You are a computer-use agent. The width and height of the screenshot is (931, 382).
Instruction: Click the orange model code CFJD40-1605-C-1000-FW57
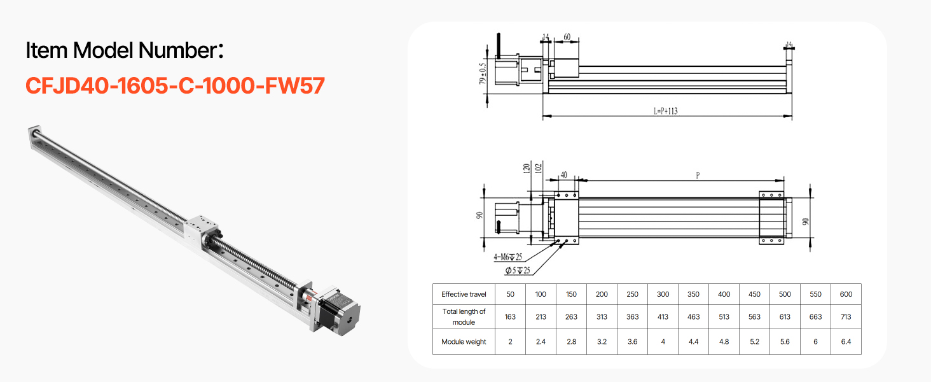175,85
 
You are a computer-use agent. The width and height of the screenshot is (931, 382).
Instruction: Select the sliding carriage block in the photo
203,227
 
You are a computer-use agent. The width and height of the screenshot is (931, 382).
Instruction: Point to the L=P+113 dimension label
665,111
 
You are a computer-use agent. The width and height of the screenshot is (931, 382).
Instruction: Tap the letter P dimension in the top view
698,175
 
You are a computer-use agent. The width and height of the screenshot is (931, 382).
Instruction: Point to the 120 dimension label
526,169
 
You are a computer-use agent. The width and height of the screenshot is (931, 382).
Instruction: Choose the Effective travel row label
464,294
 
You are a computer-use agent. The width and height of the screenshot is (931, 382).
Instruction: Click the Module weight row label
464,342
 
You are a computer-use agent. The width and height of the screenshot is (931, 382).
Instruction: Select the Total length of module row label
464,316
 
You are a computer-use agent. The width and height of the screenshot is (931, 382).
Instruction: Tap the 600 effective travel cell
846,294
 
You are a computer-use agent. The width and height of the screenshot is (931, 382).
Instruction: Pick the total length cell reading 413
663,316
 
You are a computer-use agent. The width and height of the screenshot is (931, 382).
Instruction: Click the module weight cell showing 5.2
754,342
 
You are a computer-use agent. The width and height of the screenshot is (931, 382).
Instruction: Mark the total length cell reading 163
510,316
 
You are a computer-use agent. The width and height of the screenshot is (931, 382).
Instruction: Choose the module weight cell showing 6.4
846,342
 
